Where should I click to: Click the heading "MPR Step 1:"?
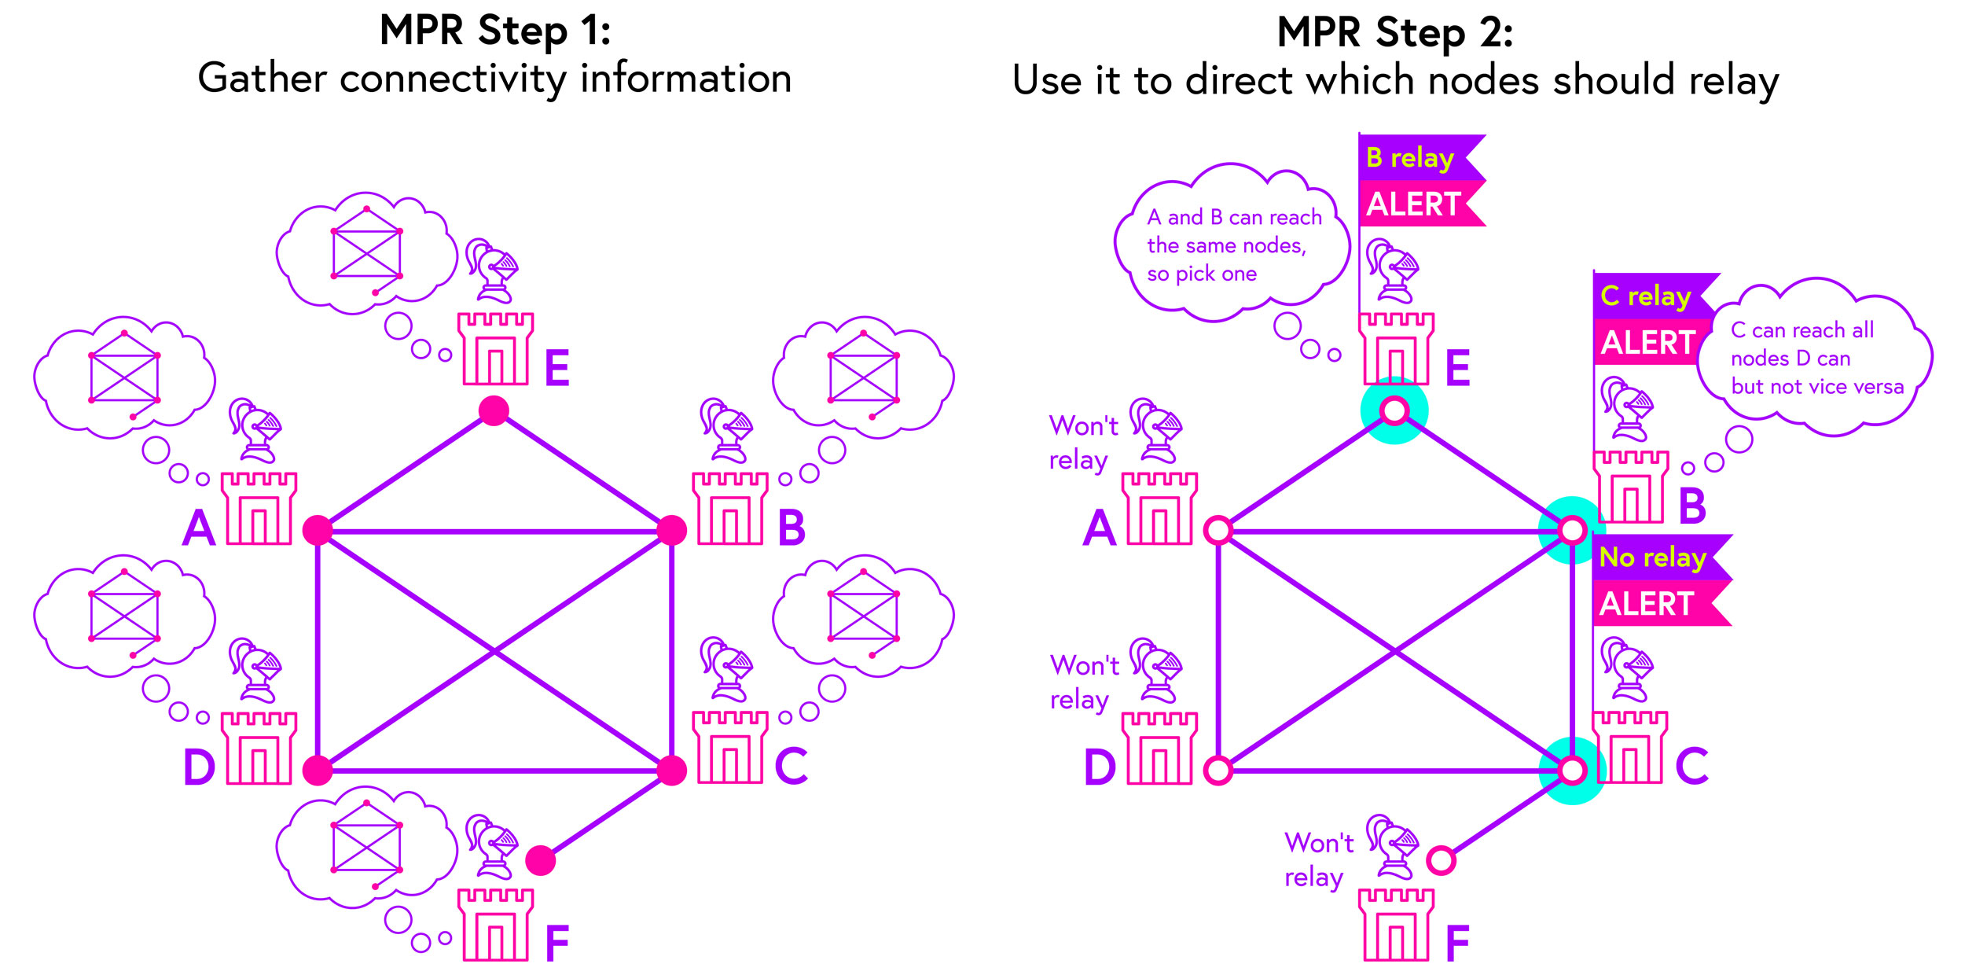(x=495, y=31)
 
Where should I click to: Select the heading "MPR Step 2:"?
(x=1395, y=33)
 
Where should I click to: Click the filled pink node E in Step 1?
(x=494, y=410)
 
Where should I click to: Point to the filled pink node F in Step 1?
(x=540, y=860)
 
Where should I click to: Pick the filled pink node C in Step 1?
(x=671, y=771)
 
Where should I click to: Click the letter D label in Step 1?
(x=199, y=767)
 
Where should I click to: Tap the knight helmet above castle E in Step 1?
(x=491, y=271)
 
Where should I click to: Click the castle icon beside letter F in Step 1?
(x=495, y=925)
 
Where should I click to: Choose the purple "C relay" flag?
(x=1647, y=296)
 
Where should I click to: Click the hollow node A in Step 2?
(x=1218, y=531)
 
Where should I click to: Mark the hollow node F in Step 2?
(x=1441, y=860)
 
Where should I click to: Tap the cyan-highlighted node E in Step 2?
(x=1394, y=410)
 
